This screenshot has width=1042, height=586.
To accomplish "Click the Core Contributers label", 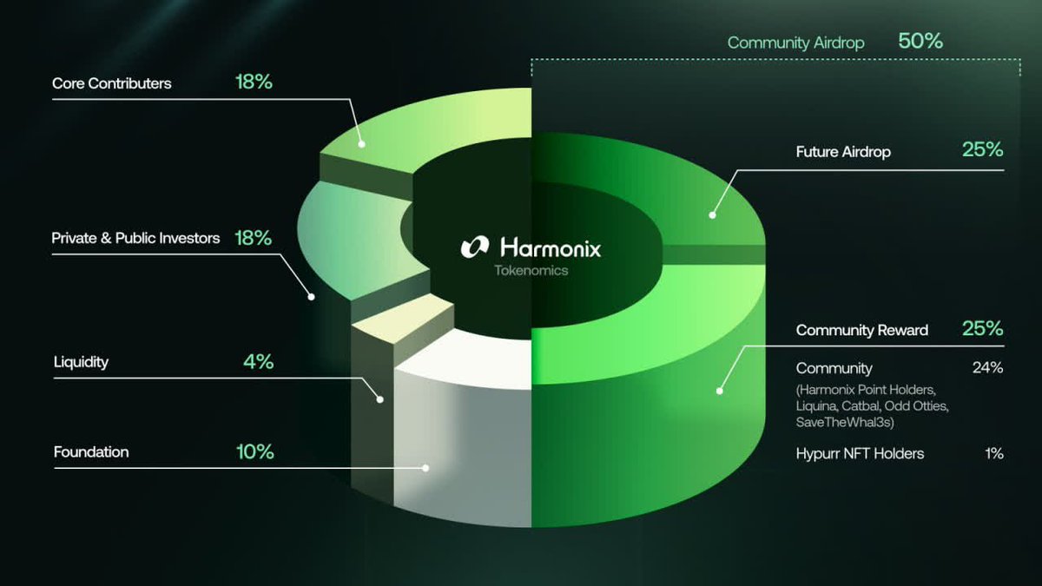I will pyautogui.click(x=112, y=84).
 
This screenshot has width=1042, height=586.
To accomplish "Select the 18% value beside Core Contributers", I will pyautogui.click(x=254, y=83).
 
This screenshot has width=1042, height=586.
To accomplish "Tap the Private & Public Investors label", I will pyautogui.click(x=135, y=238).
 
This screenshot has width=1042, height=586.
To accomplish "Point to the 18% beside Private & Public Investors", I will pyautogui.click(x=254, y=238).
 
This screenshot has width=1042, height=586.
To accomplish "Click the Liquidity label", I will pyautogui.click(x=81, y=362).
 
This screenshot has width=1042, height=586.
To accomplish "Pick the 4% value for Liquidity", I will pyautogui.click(x=258, y=362).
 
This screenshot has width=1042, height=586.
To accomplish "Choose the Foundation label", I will pyautogui.click(x=91, y=452).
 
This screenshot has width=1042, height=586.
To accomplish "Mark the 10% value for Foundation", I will pyautogui.click(x=254, y=452).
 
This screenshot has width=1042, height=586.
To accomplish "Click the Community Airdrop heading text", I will pyautogui.click(x=795, y=43).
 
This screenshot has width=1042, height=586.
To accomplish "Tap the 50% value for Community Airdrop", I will pyautogui.click(x=920, y=41).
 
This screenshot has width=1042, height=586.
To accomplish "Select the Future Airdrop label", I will pyautogui.click(x=843, y=152).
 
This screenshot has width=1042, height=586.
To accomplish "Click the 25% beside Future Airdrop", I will pyautogui.click(x=982, y=149).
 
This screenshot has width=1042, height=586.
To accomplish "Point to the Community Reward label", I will pyautogui.click(x=861, y=331).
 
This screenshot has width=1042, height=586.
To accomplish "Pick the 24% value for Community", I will pyautogui.click(x=987, y=368).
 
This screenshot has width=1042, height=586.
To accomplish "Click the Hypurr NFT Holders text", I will pyautogui.click(x=860, y=453).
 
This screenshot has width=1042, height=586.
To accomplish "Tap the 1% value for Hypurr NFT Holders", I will pyautogui.click(x=993, y=453).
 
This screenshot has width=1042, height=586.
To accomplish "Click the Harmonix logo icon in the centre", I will pyautogui.click(x=475, y=247).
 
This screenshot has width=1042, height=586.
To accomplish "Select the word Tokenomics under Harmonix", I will pyautogui.click(x=531, y=271).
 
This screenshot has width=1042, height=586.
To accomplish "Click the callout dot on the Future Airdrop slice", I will pyautogui.click(x=712, y=214).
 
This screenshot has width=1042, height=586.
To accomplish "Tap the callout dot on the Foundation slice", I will pyautogui.click(x=426, y=467).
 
